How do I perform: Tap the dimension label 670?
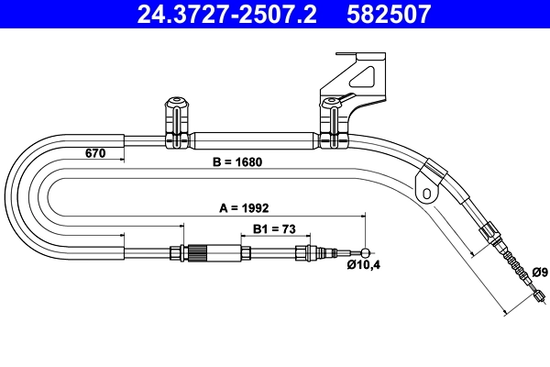[96, 152]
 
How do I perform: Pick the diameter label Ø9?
[539, 272]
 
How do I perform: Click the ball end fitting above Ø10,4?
[368, 254]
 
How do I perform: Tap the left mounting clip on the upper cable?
[173, 124]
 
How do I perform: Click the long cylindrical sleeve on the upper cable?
[252, 143]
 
